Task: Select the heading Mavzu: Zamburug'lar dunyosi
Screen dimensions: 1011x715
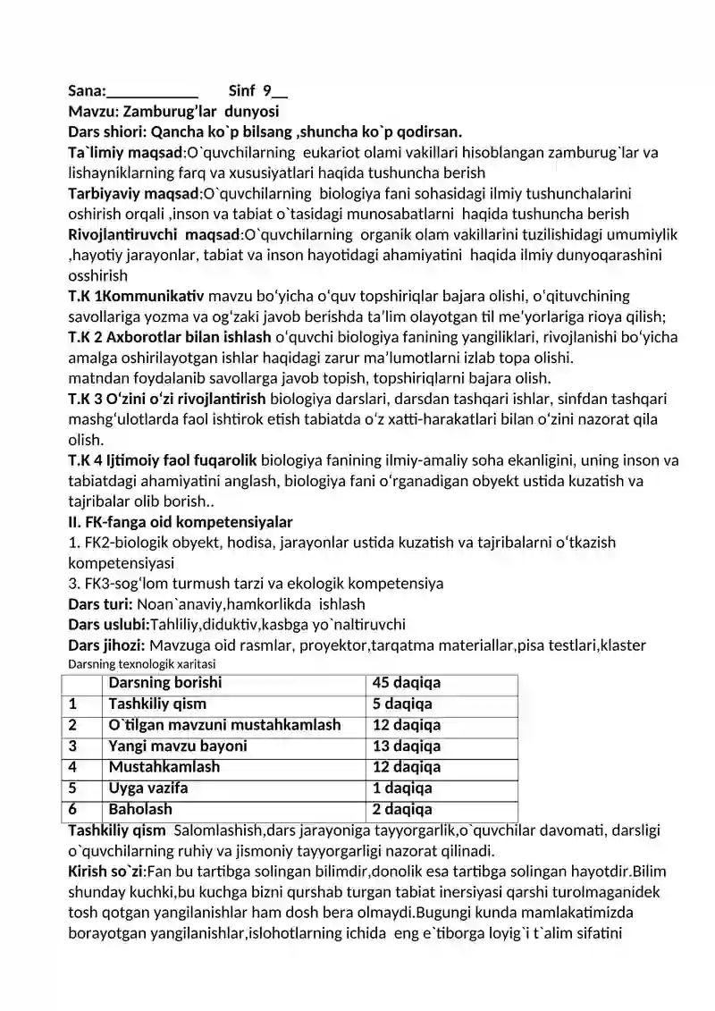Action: tap(173, 112)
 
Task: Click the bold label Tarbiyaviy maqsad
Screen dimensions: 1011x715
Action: tap(133, 193)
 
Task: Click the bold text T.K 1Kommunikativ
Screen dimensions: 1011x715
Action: tap(137, 296)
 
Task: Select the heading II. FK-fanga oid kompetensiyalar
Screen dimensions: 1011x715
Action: tap(181, 522)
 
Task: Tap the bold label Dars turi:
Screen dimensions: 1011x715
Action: tap(101, 604)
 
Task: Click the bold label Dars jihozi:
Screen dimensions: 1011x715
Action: tap(107, 645)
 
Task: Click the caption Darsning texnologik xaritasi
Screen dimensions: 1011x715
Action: tap(142, 664)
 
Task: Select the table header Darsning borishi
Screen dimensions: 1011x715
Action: tap(165, 684)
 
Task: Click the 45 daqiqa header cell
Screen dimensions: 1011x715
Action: tap(406, 684)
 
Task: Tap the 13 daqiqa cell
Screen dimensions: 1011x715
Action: tap(406, 746)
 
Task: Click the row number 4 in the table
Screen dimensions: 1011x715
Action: tap(73, 767)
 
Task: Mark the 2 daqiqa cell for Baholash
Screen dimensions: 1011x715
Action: tap(402, 810)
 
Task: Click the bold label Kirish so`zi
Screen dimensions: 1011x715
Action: tap(105, 872)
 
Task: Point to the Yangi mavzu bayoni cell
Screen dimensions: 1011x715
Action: tap(178, 746)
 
